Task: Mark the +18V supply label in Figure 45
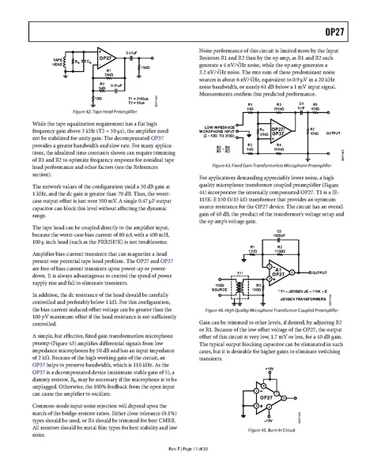click(268, 368)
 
